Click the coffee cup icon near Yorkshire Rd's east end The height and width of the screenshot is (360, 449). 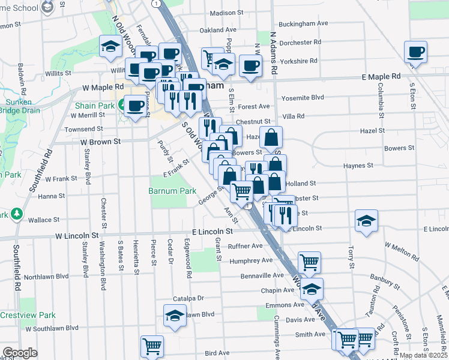pos(415,52)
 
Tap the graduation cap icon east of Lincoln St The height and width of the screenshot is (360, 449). pos(366,221)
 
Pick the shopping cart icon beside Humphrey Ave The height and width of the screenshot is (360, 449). pos(309,261)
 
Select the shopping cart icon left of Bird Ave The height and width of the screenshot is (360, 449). pos(152,346)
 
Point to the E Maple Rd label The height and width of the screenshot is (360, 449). pos(381,77)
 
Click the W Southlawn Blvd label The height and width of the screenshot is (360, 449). pos(47,328)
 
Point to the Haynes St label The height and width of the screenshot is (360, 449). pos(358,165)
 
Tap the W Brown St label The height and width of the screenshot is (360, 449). pos(101,142)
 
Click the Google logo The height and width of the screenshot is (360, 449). pos(20,353)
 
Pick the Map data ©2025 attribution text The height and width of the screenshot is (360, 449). pos(423,355)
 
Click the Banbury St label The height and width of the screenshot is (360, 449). pos(385,278)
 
